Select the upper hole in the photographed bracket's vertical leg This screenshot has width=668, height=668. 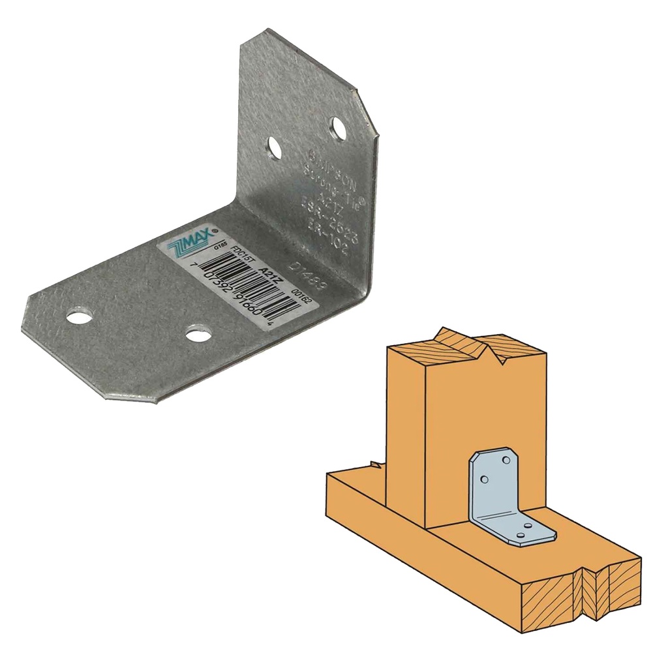[x=338, y=129]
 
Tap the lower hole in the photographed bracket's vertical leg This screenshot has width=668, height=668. [x=275, y=149]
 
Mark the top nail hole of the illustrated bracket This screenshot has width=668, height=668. [x=504, y=461]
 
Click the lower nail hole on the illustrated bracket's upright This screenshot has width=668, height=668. [x=484, y=479]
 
